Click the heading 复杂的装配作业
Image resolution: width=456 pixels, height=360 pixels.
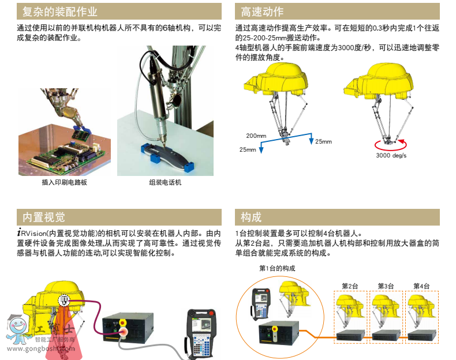[60, 12]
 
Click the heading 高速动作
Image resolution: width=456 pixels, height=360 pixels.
[262, 12]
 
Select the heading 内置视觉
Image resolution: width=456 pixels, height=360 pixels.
[44, 217]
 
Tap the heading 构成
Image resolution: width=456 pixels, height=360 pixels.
[251, 217]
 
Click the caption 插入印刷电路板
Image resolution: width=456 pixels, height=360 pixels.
[64, 182]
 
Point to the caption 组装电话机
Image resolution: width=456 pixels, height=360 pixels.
[165, 182]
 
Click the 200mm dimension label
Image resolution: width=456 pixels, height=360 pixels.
[256, 136]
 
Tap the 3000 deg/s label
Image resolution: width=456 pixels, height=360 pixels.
[391, 155]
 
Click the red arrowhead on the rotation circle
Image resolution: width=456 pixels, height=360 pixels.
[401, 142]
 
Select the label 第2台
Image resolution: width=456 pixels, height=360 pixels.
[350, 286]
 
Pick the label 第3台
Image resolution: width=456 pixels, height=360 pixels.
[386, 286]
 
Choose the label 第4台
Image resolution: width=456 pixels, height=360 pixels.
[422, 286]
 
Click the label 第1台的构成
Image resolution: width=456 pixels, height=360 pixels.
[277, 268]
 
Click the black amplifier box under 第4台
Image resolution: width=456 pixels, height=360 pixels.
[422, 335]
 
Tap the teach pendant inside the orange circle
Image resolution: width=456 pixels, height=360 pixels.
[260, 303]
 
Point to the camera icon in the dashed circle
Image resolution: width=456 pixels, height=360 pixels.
[64, 300]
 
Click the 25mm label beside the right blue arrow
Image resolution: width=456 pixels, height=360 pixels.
[323, 141]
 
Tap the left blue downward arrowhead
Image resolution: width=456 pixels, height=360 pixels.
[261, 149]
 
